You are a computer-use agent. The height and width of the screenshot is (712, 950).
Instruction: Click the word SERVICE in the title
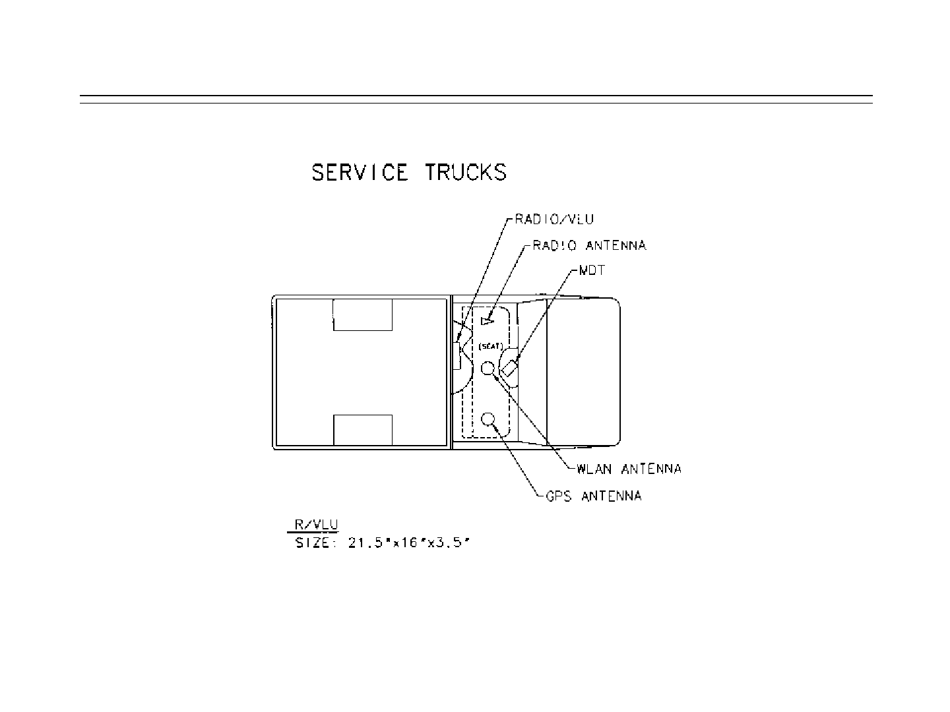360,173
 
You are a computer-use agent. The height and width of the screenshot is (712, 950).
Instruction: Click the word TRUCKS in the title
466,173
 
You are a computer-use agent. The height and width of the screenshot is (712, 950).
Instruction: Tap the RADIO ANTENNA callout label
589,245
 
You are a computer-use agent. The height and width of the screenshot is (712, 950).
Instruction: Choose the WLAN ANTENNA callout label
629,469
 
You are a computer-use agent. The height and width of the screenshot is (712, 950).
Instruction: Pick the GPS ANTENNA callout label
594,496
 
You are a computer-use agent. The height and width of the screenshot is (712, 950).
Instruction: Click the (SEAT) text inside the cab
491,346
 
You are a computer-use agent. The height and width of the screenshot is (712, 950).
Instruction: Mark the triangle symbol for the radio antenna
487,321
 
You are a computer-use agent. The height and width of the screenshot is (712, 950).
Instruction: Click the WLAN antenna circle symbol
488,368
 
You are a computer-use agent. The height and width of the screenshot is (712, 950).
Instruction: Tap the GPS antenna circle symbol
489,419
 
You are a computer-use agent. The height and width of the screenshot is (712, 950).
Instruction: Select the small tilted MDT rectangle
511,368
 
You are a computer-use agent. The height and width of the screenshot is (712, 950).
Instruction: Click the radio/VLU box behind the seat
457,356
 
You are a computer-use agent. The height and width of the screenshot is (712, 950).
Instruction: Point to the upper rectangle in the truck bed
363,314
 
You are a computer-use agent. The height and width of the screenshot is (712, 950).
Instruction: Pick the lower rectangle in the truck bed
363,430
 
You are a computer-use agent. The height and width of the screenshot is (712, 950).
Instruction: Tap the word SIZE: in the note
316,544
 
